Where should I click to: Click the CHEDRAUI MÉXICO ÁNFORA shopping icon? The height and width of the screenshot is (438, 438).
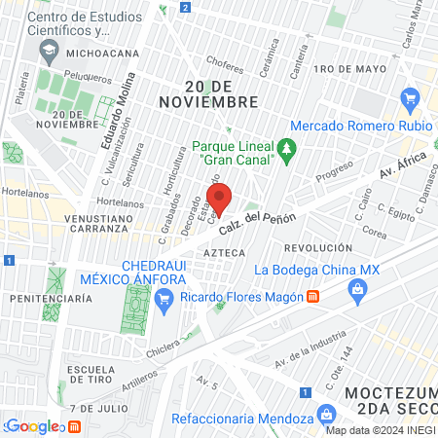coord(168,296)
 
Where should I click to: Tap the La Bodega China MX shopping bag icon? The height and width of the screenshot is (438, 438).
coord(358,289)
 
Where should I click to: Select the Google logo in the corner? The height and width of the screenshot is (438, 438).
coord(33,425)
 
